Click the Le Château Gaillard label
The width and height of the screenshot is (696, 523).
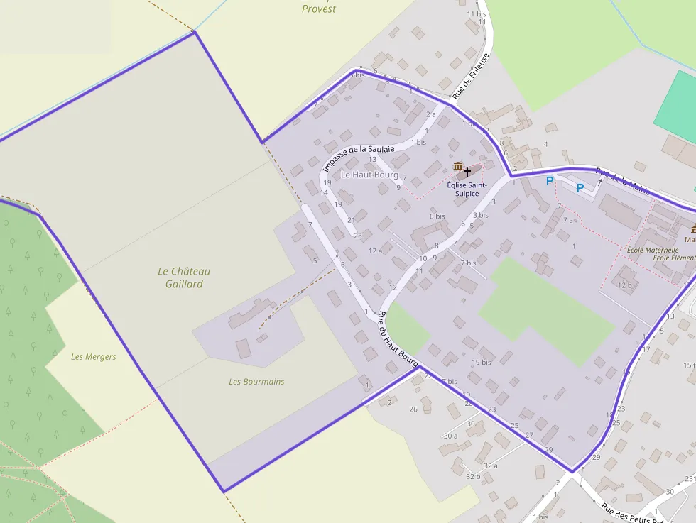click(184, 277)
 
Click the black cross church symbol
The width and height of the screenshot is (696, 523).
click(467, 171)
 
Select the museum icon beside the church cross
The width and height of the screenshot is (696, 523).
click(457, 167)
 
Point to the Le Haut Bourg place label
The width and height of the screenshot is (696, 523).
click(369, 175)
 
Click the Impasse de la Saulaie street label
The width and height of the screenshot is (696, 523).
click(358, 158)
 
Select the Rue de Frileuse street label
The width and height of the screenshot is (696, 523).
click(471, 75)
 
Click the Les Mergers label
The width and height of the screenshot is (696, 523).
click(93, 356)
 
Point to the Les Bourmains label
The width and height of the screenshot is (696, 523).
click(256, 382)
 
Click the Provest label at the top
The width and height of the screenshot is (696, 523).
click(319, 9)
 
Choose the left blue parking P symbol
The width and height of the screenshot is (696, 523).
click(549, 182)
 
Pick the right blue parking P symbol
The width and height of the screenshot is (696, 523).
click(580, 188)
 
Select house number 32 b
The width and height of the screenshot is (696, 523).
click(473, 476)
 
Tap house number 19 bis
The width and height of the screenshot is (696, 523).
click(481, 362)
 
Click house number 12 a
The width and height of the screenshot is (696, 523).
click(375, 251)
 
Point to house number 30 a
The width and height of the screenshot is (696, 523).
click(450, 436)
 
